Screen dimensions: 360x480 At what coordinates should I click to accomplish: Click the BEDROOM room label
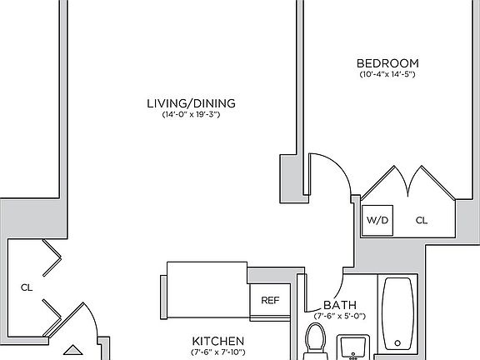pos(387,63)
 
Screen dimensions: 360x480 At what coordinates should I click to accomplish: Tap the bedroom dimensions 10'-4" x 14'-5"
pos(387,75)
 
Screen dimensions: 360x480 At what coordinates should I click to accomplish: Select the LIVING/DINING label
pos(191,103)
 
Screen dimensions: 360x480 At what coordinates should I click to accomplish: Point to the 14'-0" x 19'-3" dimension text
pos(191,115)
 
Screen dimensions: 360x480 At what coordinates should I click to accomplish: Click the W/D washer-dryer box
pos(375,221)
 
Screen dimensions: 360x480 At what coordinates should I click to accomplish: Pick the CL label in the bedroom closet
pos(422,221)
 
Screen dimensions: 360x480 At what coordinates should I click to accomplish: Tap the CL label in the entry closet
pos(26,287)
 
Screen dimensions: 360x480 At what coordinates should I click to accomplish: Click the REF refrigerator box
pos(269,301)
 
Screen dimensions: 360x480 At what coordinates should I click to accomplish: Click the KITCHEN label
pos(217,342)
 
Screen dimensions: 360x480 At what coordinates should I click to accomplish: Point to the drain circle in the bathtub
pos(400,342)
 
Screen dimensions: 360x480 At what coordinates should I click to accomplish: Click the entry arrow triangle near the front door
pos(72,352)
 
